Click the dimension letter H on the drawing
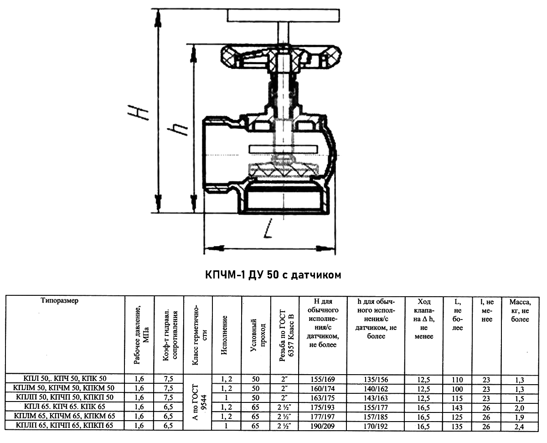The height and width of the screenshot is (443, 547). pos(139,113)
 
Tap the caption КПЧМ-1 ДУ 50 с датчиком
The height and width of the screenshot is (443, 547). pos(273,275)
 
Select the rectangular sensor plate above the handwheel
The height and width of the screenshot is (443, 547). pos(283,15)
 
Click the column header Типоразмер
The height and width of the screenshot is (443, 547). pos(59,300)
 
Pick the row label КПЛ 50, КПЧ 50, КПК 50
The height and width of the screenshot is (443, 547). pos(65,379)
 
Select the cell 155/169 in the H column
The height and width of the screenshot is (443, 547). pos(322,379)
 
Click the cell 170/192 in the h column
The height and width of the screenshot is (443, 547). pos(376,426)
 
